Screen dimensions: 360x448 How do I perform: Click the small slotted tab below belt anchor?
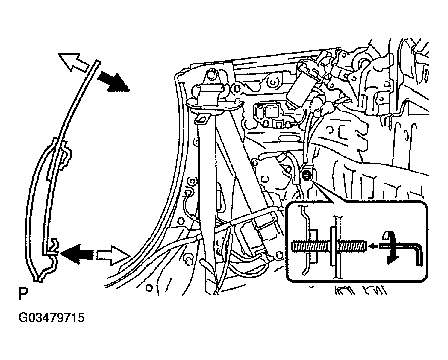(203, 119)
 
